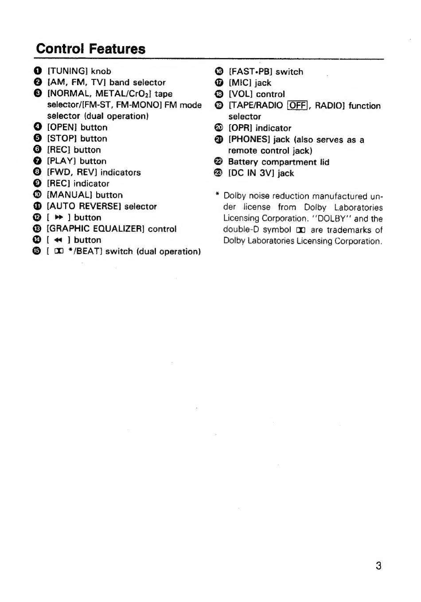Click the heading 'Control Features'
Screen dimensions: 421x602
(x=91, y=49)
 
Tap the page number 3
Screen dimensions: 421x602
(x=378, y=566)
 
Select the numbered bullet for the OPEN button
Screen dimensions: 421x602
(x=38, y=127)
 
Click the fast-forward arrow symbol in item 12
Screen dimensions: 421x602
(x=59, y=218)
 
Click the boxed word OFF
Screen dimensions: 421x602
(x=297, y=106)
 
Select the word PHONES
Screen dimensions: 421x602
(x=249, y=140)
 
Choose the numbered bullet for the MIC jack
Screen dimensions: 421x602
(x=218, y=83)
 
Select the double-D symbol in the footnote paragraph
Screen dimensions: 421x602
(x=301, y=230)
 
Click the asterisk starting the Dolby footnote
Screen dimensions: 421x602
(x=218, y=195)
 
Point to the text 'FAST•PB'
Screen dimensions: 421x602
(x=250, y=72)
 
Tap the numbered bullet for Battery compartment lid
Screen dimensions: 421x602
(x=218, y=162)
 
